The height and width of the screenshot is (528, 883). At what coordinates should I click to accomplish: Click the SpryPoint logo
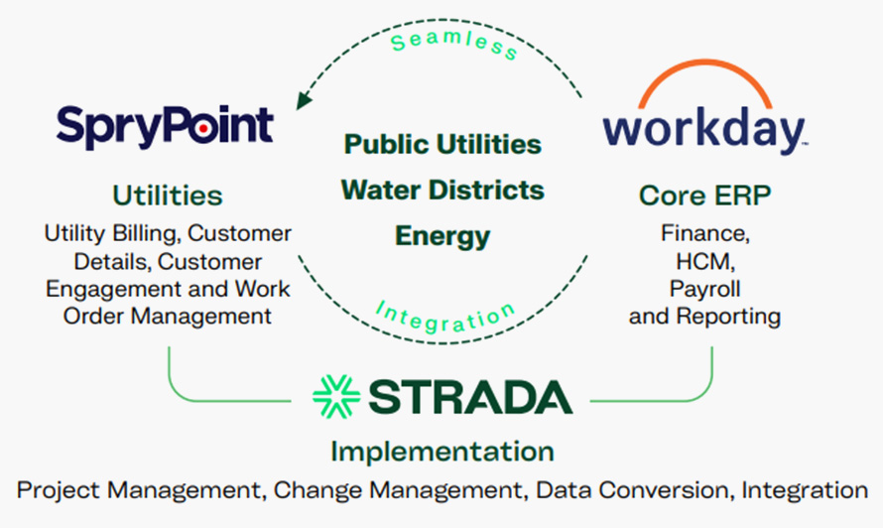165,126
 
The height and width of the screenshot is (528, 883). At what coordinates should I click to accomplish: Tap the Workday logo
703,129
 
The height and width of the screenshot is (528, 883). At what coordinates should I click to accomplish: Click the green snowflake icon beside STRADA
335,395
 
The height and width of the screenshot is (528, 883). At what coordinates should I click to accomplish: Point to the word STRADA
469,396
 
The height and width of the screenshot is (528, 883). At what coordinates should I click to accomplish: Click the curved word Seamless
453,44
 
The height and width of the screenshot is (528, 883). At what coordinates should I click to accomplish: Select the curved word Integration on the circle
445,316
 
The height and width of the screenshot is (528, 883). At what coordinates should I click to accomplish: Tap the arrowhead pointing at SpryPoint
301,100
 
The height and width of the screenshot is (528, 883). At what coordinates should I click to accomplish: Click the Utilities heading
167,195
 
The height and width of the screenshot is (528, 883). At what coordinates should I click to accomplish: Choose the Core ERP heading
703,196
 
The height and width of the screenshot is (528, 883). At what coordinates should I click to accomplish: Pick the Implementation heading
441,452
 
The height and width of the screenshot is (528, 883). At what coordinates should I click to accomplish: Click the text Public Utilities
442,144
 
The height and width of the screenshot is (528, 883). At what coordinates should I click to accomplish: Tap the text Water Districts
442,190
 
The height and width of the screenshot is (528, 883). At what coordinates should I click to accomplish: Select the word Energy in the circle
442,236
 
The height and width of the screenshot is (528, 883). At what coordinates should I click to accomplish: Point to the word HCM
704,261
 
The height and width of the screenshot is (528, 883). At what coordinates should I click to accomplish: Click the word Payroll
704,289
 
